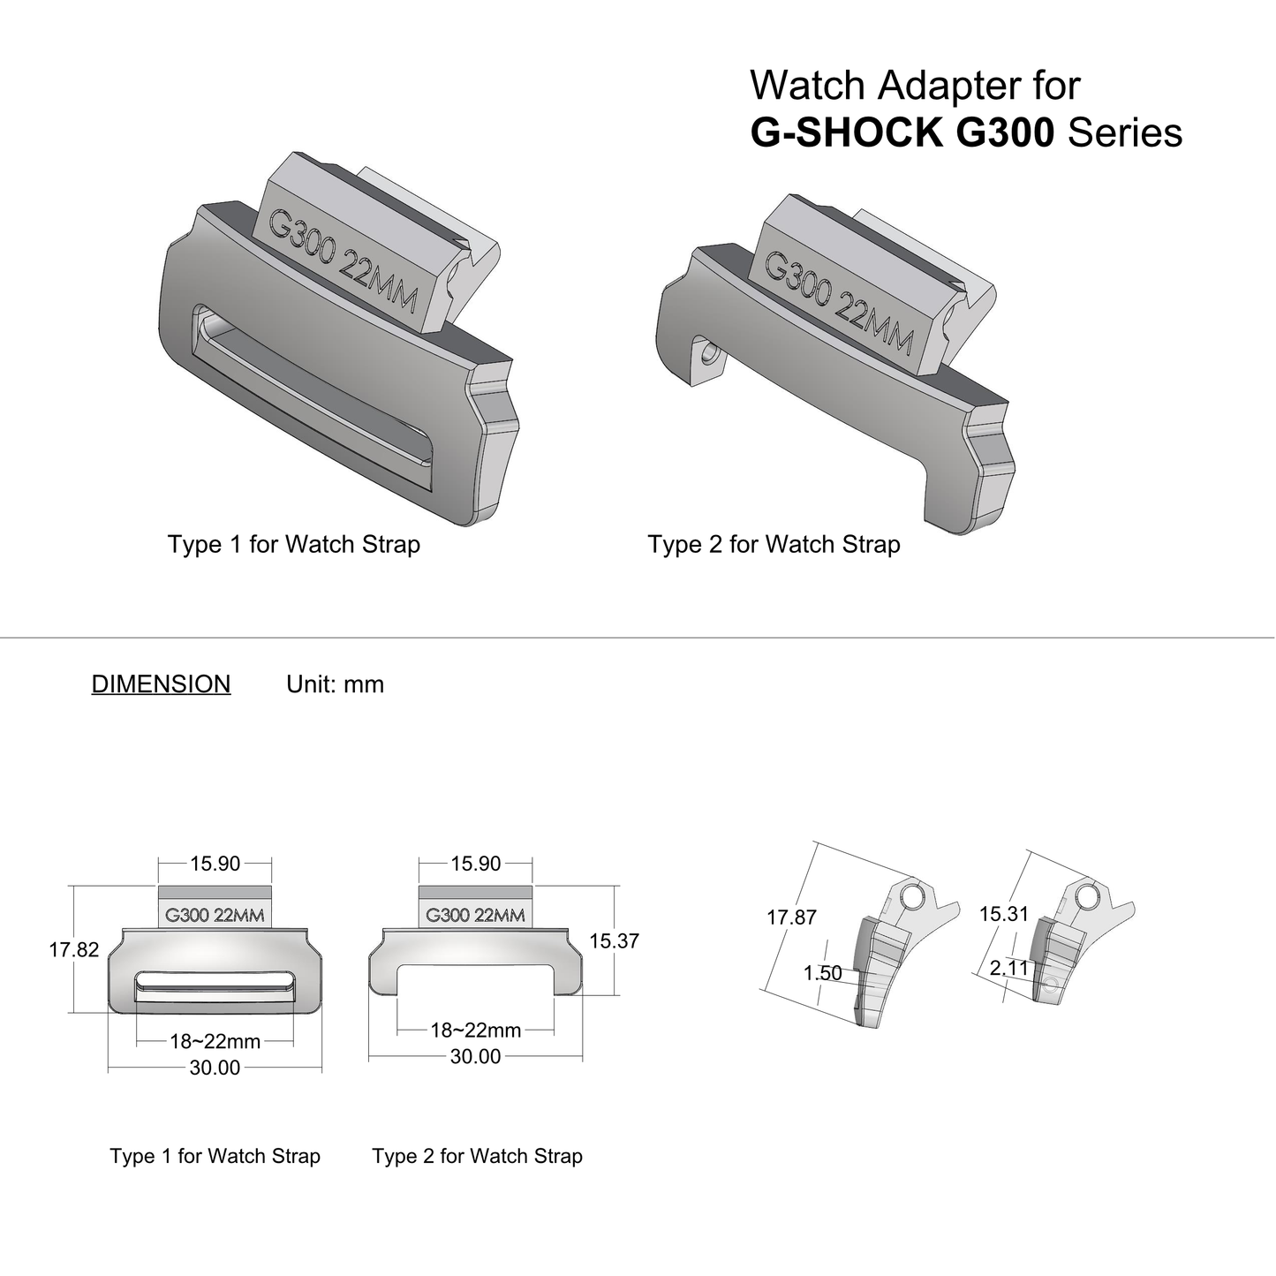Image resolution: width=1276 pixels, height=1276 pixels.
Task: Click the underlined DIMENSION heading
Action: [161, 684]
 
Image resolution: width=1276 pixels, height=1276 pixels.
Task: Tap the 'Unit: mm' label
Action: [335, 684]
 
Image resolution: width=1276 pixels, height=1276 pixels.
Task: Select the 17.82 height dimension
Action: [74, 950]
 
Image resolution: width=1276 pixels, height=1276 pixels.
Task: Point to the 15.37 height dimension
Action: [614, 941]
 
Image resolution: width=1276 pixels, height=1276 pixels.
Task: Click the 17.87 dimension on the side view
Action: [791, 917]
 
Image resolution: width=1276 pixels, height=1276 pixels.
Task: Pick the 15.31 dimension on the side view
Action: [1004, 914]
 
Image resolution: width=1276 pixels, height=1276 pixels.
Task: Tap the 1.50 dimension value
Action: [822, 973]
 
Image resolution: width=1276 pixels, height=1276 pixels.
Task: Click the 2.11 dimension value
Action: [1009, 969]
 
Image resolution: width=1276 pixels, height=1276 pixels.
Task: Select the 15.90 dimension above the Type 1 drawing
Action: [215, 864]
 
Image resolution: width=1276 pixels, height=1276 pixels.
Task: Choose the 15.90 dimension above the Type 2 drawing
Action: [476, 864]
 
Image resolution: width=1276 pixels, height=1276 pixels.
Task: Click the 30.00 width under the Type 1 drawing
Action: [215, 1068]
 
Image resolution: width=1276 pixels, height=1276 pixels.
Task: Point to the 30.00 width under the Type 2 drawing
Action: [476, 1057]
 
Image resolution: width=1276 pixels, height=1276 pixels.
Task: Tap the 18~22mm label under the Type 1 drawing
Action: [215, 1042]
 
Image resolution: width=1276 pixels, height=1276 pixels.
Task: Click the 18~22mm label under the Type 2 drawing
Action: [476, 1031]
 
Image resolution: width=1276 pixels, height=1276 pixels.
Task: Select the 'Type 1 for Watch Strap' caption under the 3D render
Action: [294, 544]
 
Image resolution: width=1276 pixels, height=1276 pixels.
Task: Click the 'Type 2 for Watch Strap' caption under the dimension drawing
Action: [478, 1156]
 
